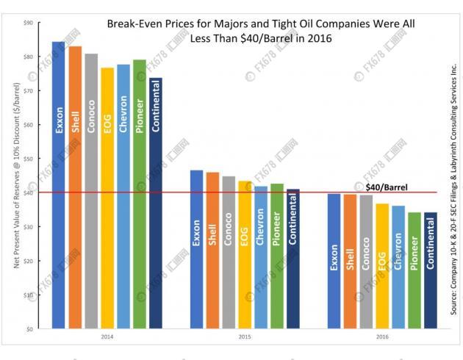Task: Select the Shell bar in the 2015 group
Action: (x=212, y=250)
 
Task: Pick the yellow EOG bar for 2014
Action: (x=107, y=198)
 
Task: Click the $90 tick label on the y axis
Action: (x=28, y=24)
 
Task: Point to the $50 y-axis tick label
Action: (x=28, y=159)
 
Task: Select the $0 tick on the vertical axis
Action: (x=29, y=328)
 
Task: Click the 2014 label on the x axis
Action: (x=107, y=337)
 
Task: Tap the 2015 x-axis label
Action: (x=245, y=337)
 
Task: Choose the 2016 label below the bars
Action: (x=383, y=337)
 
